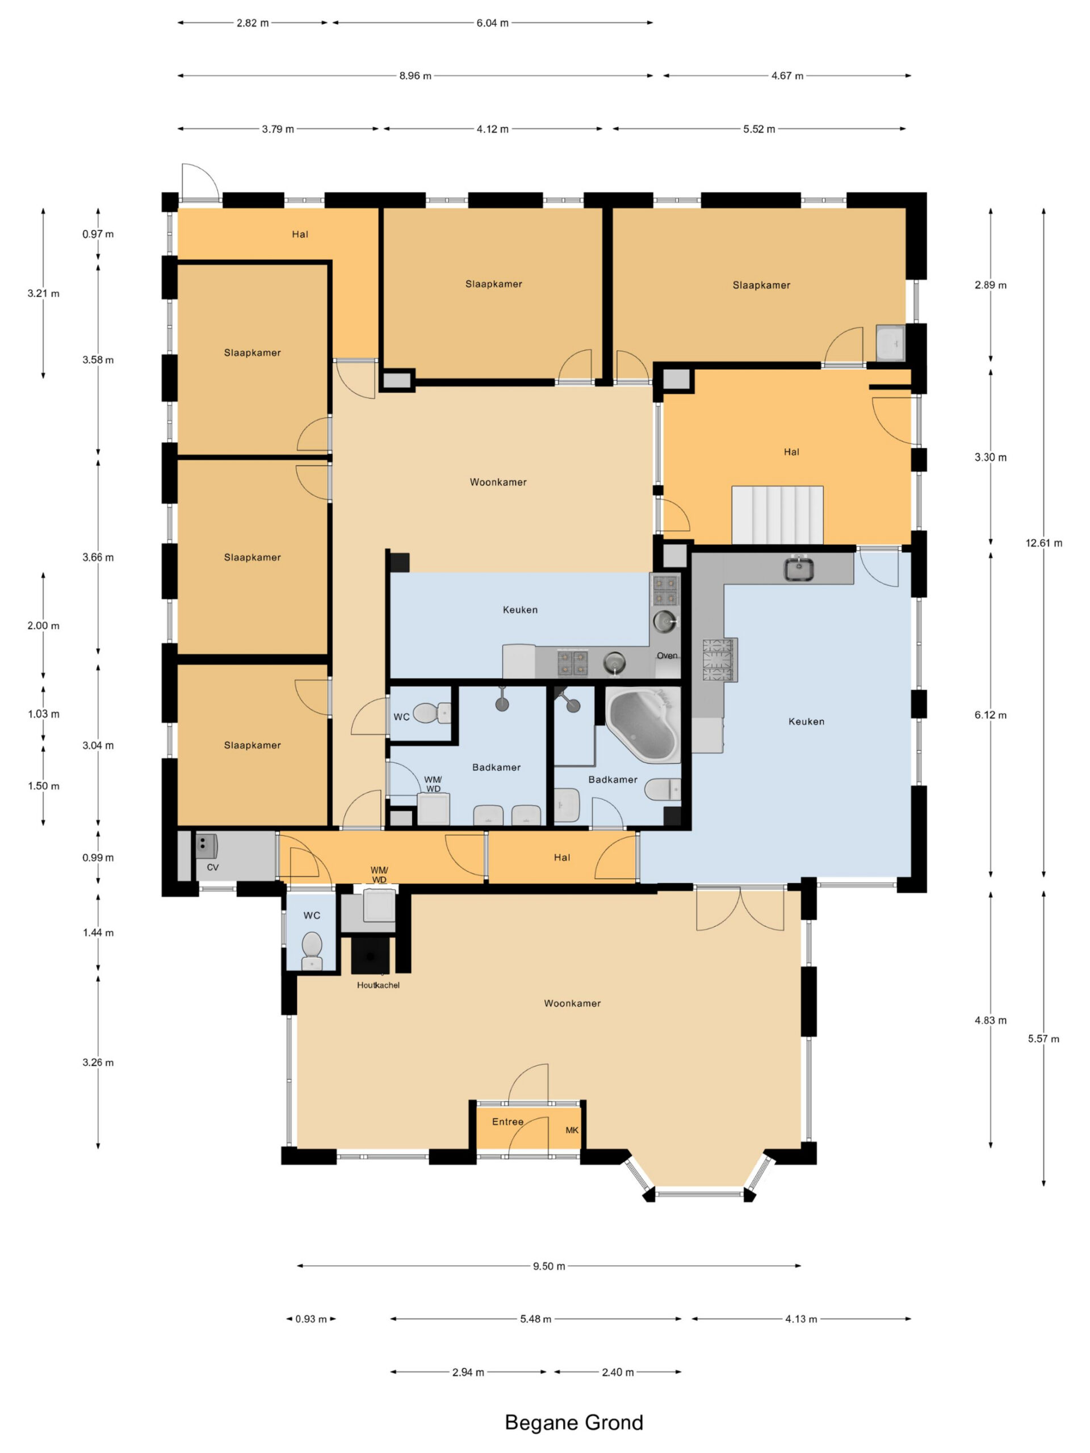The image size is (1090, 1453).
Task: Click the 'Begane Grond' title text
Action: (x=573, y=1422)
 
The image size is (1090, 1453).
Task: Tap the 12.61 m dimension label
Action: (x=1043, y=543)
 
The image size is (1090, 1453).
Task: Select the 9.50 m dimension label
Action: (x=548, y=1266)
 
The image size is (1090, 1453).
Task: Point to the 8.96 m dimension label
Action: (x=415, y=75)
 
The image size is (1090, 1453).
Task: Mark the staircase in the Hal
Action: (x=777, y=515)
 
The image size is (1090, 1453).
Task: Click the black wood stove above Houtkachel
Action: (x=371, y=955)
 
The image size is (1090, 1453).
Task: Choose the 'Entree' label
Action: (x=508, y=1122)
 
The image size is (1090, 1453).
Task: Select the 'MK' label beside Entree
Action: (x=572, y=1131)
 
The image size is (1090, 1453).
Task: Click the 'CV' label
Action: (x=212, y=868)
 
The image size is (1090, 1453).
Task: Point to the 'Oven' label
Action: (x=667, y=656)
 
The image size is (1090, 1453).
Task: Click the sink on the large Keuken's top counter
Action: (x=799, y=568)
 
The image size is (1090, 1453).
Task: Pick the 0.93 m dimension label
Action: (x=311, y=1319)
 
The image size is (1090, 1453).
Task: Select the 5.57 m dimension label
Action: (x=1043, y=1039)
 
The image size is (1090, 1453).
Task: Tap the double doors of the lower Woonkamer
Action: (x=740, y=909)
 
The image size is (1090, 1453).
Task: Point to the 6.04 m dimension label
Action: (x=492, y=23)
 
